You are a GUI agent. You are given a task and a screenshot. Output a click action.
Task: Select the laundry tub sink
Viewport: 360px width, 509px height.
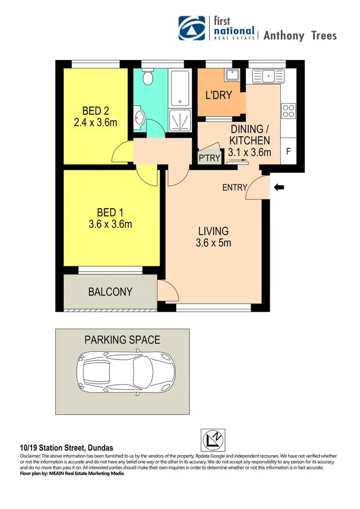[x=232, y=74]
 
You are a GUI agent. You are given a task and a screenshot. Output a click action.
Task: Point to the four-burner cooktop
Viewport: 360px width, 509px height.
[x=288, y=111]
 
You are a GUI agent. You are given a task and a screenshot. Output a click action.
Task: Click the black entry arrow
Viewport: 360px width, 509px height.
[x=278, y=188]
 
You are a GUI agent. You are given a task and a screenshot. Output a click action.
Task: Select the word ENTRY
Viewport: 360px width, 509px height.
[x=235, y=188]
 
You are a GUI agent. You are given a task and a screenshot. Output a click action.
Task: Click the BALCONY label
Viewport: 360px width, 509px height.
[x=110, y=292]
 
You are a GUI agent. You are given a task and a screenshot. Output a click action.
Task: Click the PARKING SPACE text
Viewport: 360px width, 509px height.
[x=122, y=340]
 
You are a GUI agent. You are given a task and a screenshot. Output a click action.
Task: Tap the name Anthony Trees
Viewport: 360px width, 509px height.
[x=300, y=36]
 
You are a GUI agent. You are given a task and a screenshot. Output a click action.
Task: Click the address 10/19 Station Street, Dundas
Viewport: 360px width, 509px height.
[x=67, y=448]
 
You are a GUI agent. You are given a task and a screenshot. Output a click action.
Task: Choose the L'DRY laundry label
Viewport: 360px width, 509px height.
[x=218, y=95]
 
